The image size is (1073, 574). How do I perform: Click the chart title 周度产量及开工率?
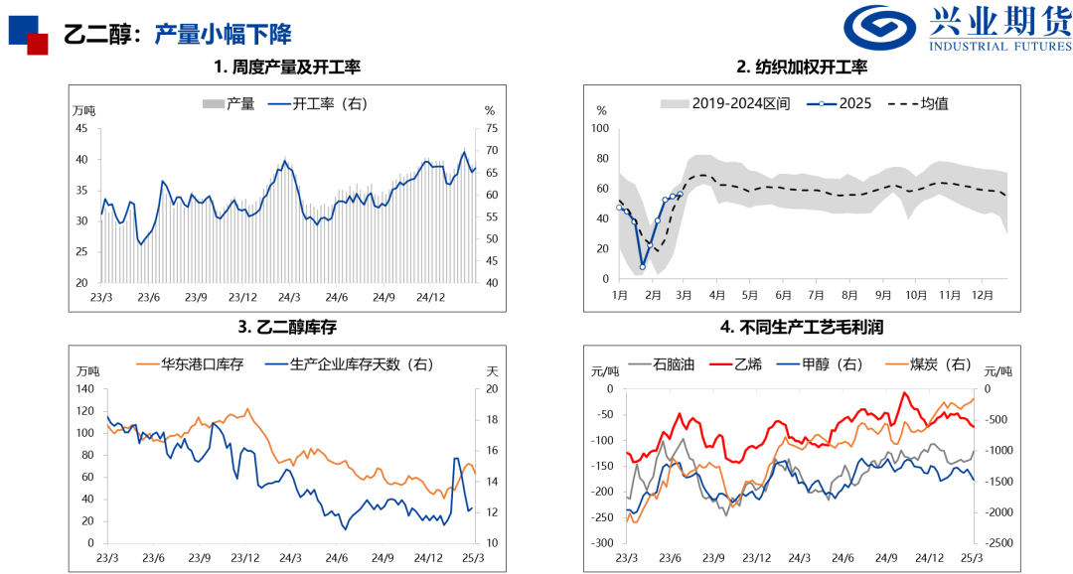click(286, 68)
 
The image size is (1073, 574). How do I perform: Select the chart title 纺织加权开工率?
click(802, 68)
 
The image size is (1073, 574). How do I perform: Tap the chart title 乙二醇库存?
click(286, 327)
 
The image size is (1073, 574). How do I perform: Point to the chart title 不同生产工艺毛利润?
click(802, 327)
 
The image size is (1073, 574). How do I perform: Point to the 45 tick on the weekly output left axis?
click(81, 128)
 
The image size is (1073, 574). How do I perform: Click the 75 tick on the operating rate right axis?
click(490, 128)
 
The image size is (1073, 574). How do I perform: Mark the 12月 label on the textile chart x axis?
click(983, 296)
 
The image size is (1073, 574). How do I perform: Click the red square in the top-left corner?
click(38, 44)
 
